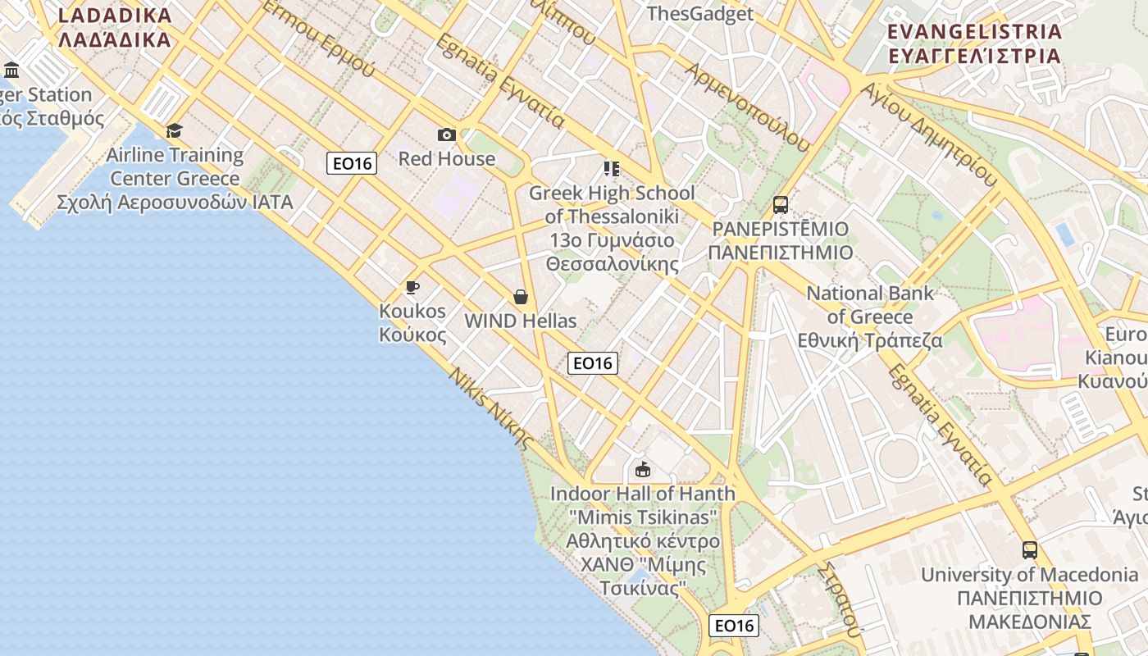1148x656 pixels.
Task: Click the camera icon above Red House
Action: tap(447, 134)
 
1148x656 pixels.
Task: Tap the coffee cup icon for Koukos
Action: tap(412, 287)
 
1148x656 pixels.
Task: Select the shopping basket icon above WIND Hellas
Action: tap(520, 297)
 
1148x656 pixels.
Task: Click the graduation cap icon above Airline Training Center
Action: tap(174, 130)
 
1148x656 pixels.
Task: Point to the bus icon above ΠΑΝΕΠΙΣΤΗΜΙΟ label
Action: tap(781, 204)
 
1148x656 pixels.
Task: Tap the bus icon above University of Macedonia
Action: tap(1030, 550)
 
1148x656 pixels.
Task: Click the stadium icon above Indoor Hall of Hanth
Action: tap(642, 470)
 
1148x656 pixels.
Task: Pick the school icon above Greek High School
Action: tap(611, 169)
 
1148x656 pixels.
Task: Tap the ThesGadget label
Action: tap(699, 13)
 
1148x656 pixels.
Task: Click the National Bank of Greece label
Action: tap(871, 317)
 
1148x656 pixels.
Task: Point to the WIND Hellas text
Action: tap(521, 321)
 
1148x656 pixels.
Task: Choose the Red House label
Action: tap(447, 158)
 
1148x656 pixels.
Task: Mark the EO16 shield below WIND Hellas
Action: tap(592, 362)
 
